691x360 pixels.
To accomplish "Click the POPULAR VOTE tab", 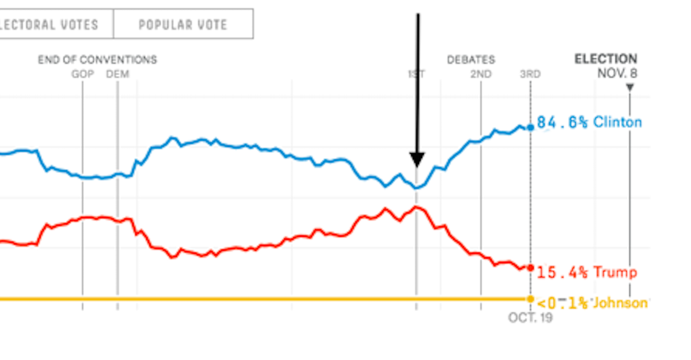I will point(183,24).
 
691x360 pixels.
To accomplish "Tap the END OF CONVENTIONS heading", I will point(97,60).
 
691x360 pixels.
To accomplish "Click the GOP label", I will point(82,74).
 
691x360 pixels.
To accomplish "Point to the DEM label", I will point(117,74).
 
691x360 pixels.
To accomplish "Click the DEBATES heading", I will point(471,60).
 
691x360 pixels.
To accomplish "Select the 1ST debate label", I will point(416,74).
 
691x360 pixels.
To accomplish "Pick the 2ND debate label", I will point(481,74).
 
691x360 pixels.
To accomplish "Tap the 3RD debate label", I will point(530,74).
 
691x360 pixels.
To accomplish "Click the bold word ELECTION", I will point(606,59).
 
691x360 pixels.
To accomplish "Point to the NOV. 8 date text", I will point(617,73).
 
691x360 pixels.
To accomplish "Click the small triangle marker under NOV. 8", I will point(629,88).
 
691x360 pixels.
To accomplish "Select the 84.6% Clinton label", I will point(589,123).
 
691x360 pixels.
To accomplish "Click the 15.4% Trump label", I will point(586,272).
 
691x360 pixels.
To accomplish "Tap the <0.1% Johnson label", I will point(591,303).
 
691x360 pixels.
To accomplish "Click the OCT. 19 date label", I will point(530,317).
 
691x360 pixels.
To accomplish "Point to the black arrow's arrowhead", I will point(417,160).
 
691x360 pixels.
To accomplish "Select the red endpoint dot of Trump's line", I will point(530,268).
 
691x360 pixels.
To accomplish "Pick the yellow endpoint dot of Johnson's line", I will point(530,299).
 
